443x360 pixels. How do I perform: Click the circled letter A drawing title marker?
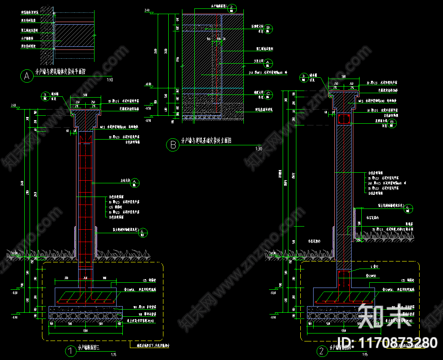click(27, 76)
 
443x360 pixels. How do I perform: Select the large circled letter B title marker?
click(172, 144)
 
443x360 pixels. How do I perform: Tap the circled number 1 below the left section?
click(70, 351)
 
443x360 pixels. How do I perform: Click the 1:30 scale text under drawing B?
click(258, 149)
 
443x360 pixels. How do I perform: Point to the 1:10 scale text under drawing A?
click(110, 80)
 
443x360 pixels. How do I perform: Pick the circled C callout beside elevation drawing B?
click(270, 94)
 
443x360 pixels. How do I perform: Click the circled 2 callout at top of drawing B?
click(233, 8)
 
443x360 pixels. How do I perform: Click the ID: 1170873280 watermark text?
click(387, 342)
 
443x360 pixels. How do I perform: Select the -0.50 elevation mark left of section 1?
click(15, 292)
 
